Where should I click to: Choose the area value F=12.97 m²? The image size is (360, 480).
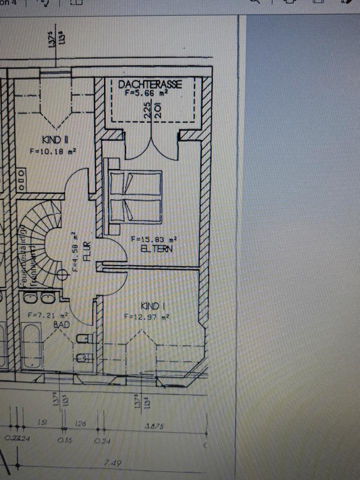[x=146, y=316]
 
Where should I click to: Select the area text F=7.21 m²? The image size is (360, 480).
[x=47, y=315]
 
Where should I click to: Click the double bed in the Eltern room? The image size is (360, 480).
[x=135, y=196]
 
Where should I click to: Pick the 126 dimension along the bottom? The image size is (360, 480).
[x=80, y=424]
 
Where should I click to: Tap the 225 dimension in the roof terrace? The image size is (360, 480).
[x=147, y=109]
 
